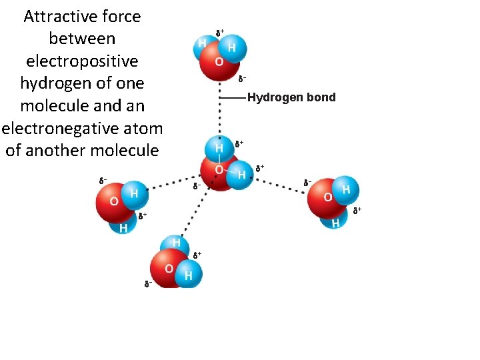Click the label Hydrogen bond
tap(291, 98)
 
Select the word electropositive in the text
tap(82, 61)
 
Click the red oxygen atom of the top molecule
tap(219, 65)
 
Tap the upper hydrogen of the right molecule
tap(345, 189)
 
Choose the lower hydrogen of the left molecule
tap(123, 227)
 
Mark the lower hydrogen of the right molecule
tap(335, 222)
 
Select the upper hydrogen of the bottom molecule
tap(177, 243)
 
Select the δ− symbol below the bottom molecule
tap(148, 284)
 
